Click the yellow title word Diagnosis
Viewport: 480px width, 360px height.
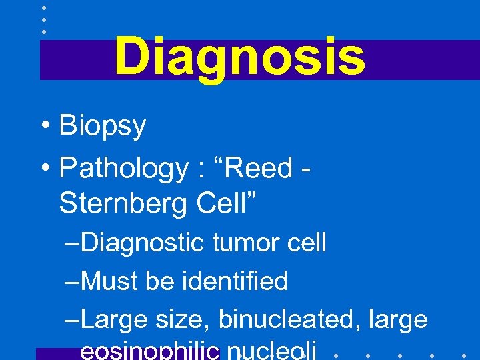click(239, 57)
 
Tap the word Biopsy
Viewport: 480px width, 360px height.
click(103, 126)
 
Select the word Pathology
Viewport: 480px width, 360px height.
click(124, 169)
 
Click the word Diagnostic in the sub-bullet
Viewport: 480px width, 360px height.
click(145, 243)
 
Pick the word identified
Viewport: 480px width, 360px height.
click(235, 281)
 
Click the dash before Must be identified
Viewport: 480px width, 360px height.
click(72, 282)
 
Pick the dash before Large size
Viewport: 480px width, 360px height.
click(72, 321)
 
